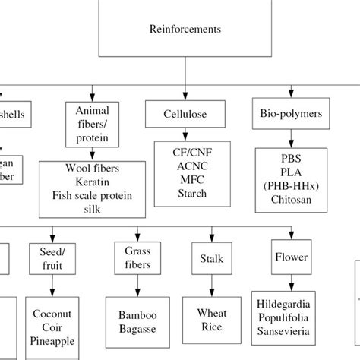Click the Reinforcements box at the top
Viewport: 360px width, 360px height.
185,30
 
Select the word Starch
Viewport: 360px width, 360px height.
185,193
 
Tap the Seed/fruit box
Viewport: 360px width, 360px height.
52,257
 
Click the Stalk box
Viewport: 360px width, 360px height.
212,259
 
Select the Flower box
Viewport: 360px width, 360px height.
292,257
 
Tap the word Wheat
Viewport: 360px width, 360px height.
212,312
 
